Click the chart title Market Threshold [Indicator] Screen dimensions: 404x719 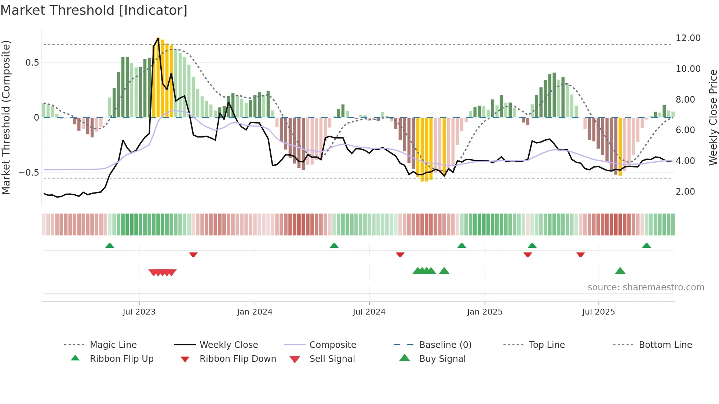94,10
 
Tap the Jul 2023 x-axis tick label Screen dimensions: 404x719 139,312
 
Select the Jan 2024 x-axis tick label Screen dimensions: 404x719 255,312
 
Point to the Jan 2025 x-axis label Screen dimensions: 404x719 485,312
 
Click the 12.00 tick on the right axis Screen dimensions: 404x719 688,38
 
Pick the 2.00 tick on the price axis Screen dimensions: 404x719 685,192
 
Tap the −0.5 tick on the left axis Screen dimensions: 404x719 29,173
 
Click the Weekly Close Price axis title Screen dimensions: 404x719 713,117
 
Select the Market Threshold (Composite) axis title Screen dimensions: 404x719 6,117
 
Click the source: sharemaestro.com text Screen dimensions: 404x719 646,287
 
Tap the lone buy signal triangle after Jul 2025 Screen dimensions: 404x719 620,271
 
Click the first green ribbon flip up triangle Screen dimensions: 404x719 110,245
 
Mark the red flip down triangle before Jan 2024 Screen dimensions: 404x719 193,254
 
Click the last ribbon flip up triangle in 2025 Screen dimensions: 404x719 646,245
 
